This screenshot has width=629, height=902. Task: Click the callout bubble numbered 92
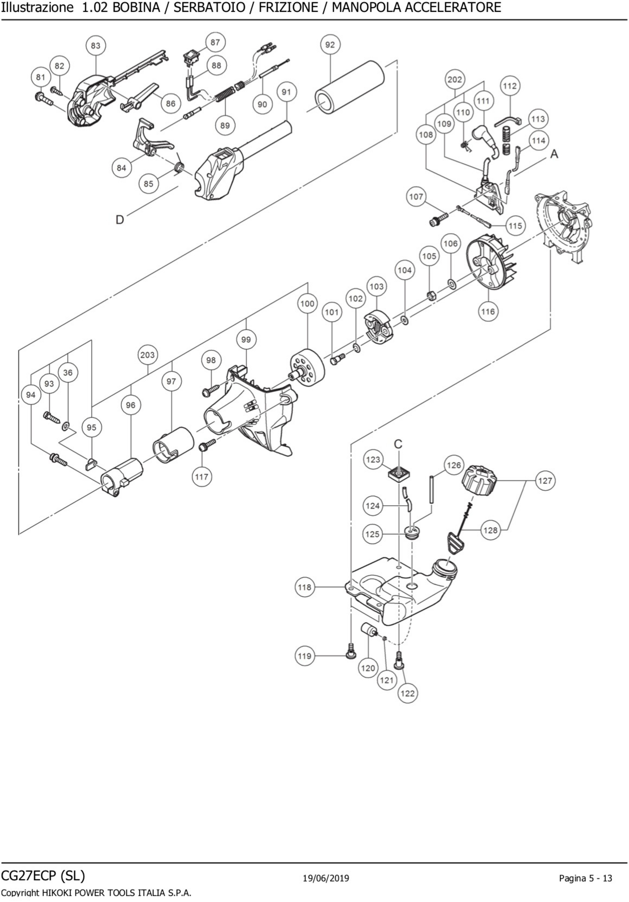[x=330, y=45]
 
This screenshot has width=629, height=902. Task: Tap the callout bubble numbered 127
[x=545, y=480]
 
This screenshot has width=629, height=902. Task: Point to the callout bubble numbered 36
[x=68, y=372]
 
